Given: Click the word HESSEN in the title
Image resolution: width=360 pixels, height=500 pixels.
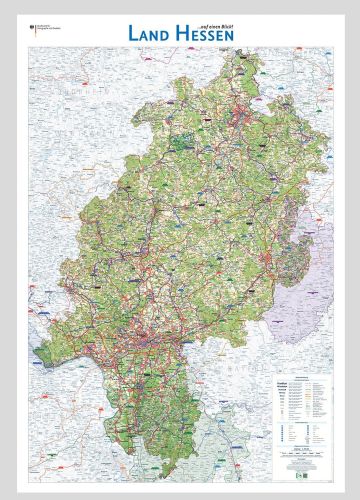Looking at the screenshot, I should pyautogui.click(x=204, y=33).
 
